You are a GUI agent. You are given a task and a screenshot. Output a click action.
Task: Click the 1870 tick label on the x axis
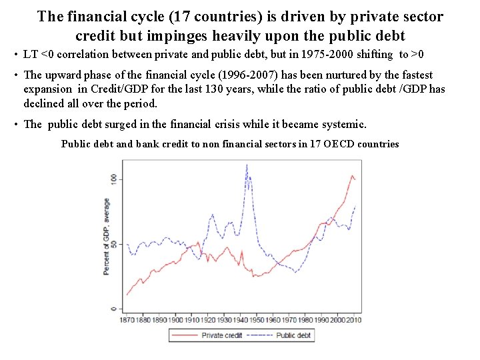pos(127,320)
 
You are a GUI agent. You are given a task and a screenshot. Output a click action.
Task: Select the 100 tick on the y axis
pos(113,178)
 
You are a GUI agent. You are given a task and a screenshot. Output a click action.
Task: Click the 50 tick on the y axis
pos(113,245)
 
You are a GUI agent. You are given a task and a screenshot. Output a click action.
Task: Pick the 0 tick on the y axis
pos(113,309)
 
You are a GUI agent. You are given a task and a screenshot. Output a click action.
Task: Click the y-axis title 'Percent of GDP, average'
pos(106,237)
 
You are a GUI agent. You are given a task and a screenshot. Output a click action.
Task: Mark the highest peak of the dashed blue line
pos(247,165)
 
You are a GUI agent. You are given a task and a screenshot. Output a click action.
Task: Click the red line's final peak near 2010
pos(353,175)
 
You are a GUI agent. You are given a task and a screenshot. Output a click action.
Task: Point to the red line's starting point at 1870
pos(127,295)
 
